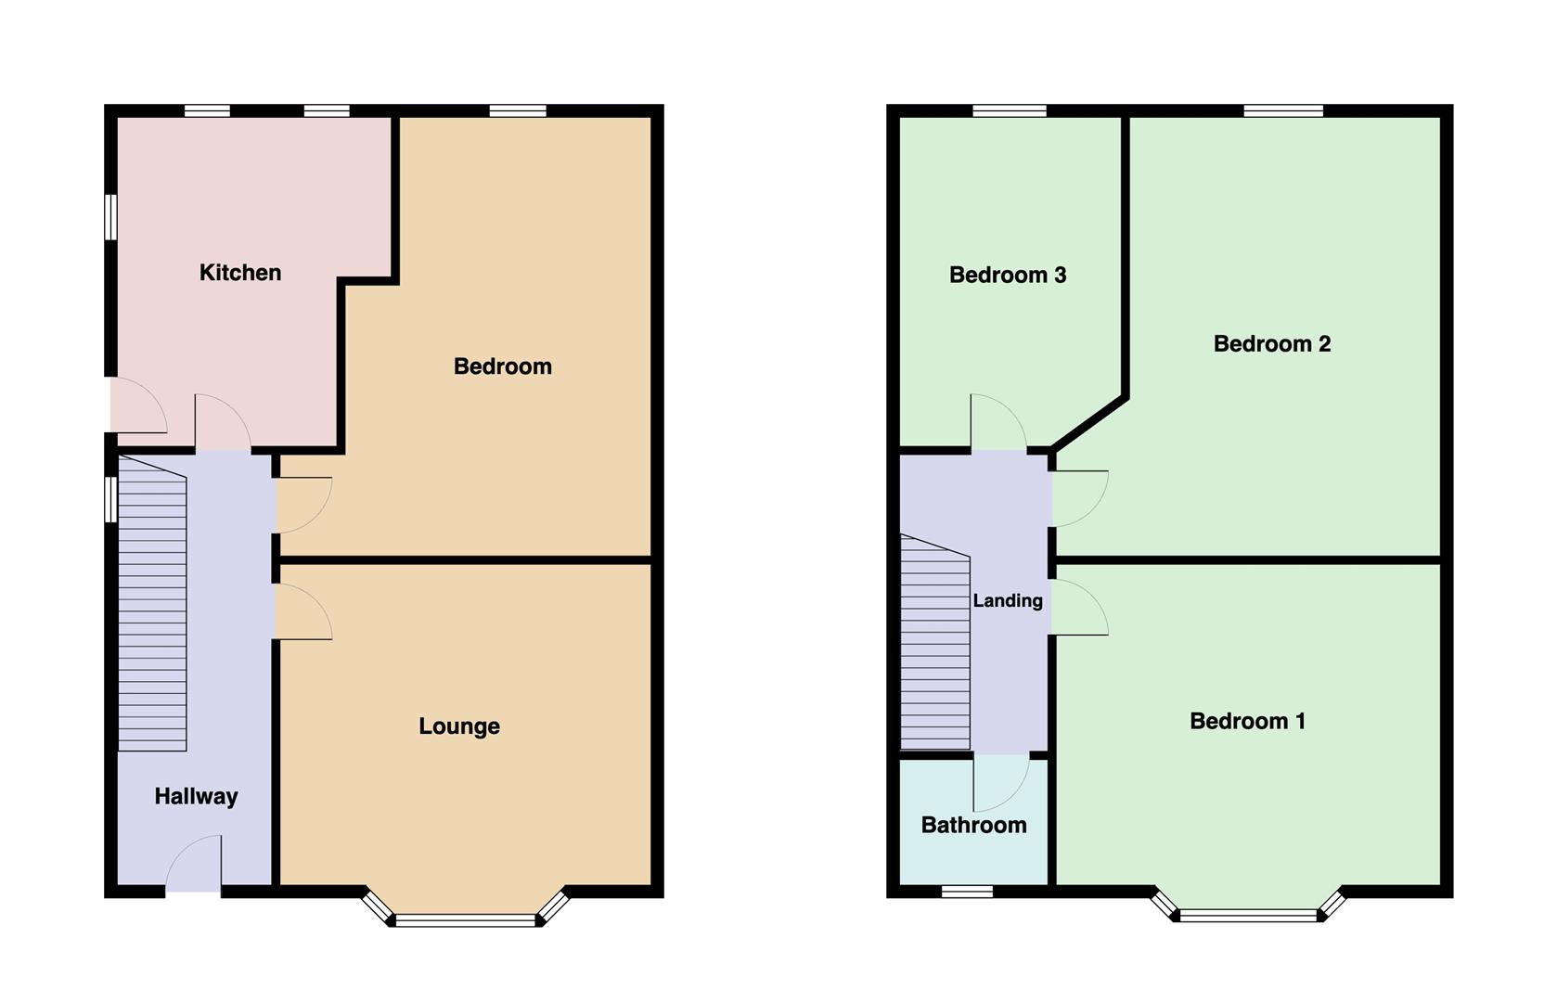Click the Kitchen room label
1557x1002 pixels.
click(240, 273)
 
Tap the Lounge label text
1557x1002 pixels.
click(459, 726)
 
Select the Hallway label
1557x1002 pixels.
click(196, 796)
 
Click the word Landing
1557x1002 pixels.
click(1008, 601)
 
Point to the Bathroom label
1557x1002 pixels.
click(973, 825)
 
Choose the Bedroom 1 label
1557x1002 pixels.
click(1247, 721)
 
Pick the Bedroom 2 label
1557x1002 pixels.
click(1271, 344)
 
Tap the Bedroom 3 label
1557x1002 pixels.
click(1008, 275)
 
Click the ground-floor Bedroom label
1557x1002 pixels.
click(502, 366)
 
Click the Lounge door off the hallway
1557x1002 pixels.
click(302, 612)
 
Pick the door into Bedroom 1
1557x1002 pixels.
click(1078, 609)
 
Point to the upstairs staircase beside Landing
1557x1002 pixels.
click(935, 649)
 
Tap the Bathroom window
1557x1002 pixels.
click(967, 892)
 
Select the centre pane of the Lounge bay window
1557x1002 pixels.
click(466, 920)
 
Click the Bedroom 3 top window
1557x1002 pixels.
click(1010, 111)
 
